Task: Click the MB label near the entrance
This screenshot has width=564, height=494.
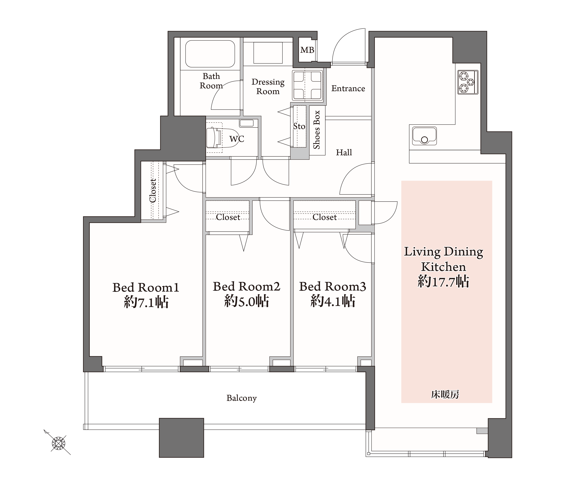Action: point(307,50)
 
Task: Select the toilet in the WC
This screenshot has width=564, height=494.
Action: point(214,138)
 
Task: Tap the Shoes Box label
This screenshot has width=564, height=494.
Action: point(317,130)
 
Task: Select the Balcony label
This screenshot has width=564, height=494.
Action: point(242,398)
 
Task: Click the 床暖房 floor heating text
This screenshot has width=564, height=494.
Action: point(445,395)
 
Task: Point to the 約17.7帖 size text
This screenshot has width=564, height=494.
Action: point(444,282)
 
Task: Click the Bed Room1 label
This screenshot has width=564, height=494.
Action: point(146,287)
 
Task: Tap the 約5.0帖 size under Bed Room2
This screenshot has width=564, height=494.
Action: point(247,301)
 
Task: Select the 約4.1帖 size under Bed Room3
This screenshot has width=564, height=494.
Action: point(333,301)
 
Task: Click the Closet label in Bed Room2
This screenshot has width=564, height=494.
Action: point(228,217)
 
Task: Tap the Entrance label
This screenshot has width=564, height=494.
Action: point(348,88)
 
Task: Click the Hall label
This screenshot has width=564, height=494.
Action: point(344,152)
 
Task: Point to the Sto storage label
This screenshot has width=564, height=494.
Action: point(299,126)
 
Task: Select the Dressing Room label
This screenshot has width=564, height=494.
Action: point(268,87)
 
